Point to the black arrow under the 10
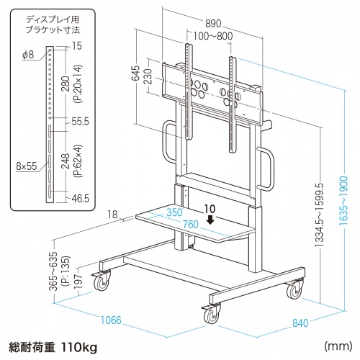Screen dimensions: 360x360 click(x=210, y=220)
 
